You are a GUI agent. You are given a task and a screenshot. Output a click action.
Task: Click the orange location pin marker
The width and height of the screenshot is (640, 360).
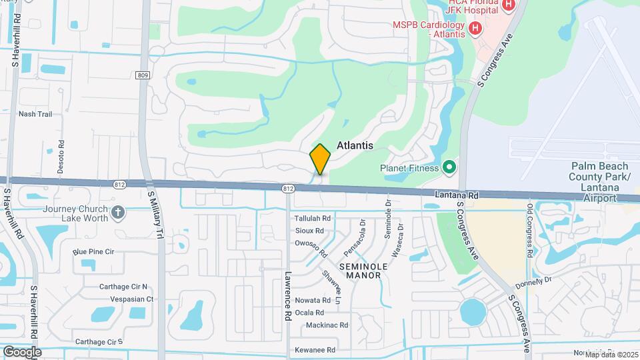pos(320,159)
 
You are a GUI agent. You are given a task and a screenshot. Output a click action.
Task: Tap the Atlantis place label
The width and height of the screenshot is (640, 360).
pos(354,145)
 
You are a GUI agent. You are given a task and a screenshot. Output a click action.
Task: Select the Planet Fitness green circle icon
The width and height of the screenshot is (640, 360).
pos(449,167)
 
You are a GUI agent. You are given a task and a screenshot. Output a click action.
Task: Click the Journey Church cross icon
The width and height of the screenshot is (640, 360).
pos(119,213)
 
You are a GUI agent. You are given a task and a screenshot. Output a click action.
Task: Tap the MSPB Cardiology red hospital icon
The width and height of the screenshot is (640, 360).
pos(475,28)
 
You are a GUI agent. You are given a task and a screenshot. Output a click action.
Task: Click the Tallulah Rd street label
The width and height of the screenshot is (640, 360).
pos(313,218)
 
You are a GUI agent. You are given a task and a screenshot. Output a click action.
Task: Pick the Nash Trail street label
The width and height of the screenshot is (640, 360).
pos(35,114)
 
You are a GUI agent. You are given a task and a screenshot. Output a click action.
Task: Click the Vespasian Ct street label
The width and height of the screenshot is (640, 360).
pos(132,299)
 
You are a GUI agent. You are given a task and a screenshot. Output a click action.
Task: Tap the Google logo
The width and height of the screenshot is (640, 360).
pos(22,351)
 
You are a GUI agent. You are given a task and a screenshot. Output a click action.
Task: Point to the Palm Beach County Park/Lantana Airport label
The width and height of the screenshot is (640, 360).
pos(599,180)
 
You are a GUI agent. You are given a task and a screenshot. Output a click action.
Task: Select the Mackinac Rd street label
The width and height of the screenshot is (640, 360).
pos(327,325)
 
